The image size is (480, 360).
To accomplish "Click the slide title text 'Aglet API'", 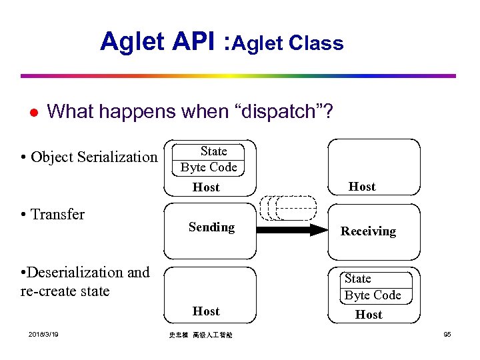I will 160,41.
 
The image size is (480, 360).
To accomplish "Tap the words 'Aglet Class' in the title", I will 289,43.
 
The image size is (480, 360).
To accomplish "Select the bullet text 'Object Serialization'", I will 94,157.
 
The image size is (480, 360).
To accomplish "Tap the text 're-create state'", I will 65,291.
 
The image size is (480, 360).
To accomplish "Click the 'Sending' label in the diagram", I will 211,227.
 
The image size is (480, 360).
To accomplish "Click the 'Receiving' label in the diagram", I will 368,231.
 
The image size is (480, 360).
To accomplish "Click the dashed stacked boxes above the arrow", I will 289,207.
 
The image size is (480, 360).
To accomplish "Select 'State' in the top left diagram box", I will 213,151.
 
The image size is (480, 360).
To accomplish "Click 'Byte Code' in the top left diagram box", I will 209,167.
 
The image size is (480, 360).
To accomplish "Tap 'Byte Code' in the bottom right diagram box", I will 373,295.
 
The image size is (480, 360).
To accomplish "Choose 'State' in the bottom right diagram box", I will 358,279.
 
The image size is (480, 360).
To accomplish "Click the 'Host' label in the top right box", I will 362,187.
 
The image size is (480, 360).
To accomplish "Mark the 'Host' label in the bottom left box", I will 206,311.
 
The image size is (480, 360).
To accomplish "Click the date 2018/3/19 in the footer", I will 43,334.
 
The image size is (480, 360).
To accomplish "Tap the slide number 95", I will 447,334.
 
